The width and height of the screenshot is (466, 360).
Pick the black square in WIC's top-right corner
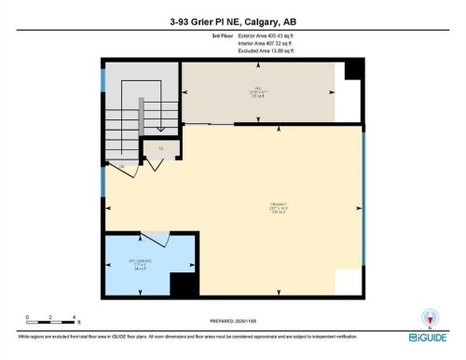[353, 71]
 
